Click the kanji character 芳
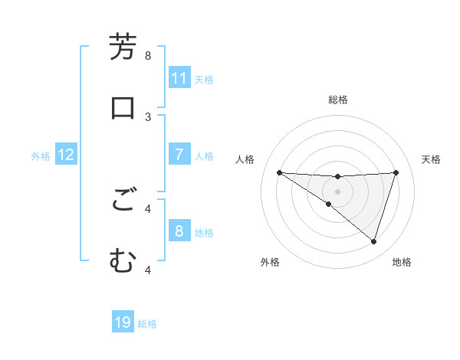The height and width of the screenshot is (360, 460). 123,47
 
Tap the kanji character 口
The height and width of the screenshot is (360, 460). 123,107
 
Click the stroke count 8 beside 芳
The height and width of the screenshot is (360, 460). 148,56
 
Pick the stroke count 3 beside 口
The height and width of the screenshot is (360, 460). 148,116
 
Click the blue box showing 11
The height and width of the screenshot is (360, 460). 179,78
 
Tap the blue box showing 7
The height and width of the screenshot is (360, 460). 179,155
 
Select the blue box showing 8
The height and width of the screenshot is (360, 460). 179,231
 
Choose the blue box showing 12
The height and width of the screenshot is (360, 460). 66,155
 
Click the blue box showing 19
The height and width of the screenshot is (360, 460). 123,322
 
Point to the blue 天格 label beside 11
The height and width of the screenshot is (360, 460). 204,80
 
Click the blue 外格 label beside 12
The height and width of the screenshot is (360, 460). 41,156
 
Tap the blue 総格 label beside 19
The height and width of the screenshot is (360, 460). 147,324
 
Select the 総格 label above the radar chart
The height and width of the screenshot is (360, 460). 338,100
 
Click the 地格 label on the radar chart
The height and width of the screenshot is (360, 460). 402,262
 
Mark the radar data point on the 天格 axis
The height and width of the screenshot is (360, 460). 396,172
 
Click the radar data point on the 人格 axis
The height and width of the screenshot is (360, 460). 279,172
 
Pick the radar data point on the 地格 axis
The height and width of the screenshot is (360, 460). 373,241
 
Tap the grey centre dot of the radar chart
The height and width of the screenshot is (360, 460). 338,191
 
